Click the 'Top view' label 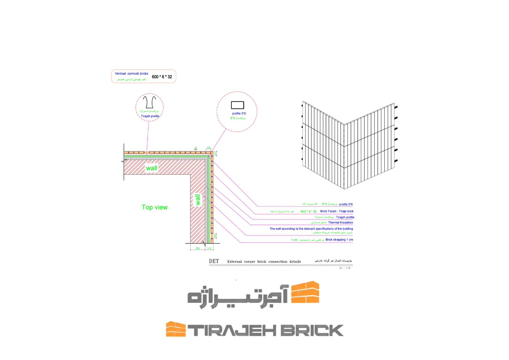(155, 207)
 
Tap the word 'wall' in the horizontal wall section (151, 168)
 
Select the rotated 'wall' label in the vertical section (198, 199)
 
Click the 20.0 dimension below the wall (198, 248)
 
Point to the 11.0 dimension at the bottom (209, 248)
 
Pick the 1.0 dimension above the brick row (196, 148)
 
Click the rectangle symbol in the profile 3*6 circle (238, 105)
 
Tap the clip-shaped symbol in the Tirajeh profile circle (150, 102)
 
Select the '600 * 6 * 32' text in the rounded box (162, 77)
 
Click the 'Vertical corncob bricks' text (131, 74)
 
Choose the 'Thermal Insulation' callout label (341, 223)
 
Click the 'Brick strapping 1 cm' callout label (339, 240)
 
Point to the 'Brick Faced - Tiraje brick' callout (337, 211)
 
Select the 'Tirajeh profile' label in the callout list (345, 217)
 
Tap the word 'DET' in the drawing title (214, 261)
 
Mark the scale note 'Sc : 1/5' (345, 268)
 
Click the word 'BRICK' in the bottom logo (312, 330)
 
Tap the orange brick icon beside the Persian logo (305, 292)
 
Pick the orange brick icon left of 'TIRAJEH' (176, 329)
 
